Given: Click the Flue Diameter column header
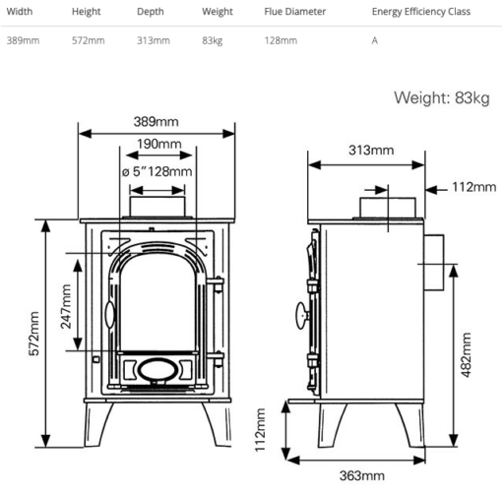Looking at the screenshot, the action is pyautogui.click(x=294, y=12).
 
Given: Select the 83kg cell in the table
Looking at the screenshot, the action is pyautogui.click(x=213, y=40).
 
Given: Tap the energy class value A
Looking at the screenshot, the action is pyautogui.click(x=375, y=40).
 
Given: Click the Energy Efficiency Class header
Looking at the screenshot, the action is pyautogui.click(x=421, y=12).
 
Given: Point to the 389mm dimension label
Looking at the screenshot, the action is pyautogui.click(x=156, y=122).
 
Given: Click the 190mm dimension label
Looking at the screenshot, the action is pyautogui.click(x=159, y=144).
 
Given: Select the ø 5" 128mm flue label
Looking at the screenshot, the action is pyautogui.click(x=157, y=171).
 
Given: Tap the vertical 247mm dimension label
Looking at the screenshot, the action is pyautogui.click(x=66, y=306).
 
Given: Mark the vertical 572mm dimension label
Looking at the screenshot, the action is pyautogui.click(x=34, y=334).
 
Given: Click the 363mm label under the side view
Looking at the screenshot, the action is pyautogui.click(x=362, y=475).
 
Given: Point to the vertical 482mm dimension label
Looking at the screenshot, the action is pyautogui.click(x=466, y=355).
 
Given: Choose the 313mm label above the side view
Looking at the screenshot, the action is pyautogui.click(x=371, y=151).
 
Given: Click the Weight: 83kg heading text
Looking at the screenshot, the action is pyautogui.click(x=442, y=97).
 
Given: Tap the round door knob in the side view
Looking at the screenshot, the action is pyautogui.click(x=302, y=315).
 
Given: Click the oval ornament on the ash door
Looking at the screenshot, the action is pyautogui.click(x=157, y=370).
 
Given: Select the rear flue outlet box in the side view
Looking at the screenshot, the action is pyautogui.click(x=434, y=263).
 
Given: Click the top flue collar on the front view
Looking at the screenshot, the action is pyautogui.click(x=157, y=207).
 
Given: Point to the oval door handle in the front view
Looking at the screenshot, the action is pyautogui.click(x=110, y=315).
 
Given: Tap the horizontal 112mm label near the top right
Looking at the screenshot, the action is pyautogui.click(x=474, y=187).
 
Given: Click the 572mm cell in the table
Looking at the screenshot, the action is pyautogui.click(x=89, y=40).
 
